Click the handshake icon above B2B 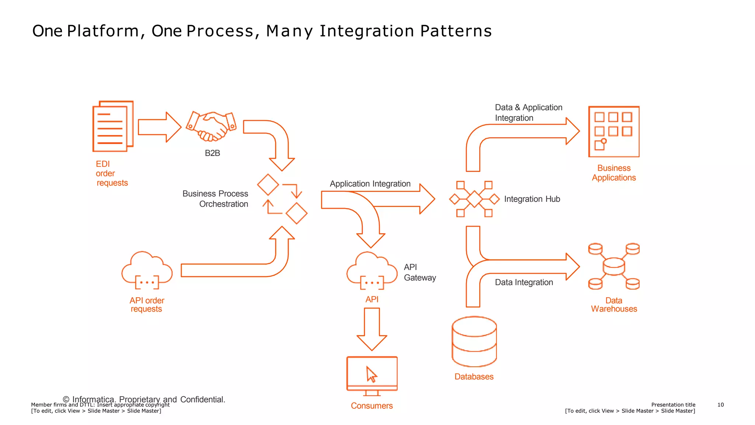pyautogui.click(x=211, y=127)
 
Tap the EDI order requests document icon pyautogui.click(x=112, y=127)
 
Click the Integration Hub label pyautogui.click(x=532, y=199)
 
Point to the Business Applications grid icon pyautogui.click(x=613, y=132)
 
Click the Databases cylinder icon pyautogui.click(x=474, y=342)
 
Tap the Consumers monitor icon pyautogui.click(x=372, y=375)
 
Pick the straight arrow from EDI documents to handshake pyautogui.click(x=159, y=127)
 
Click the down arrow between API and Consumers pyautogui.click(x=372, y=328)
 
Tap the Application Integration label pyautogui.click(x=370, y=184)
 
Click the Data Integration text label pyautogui.click(x=523, y=282)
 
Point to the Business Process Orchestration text pyautogui.click(x=216, y=199)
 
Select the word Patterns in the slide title pyautogui.click(x=456, y=31)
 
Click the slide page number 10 pyautogui.click(x=720, y=405)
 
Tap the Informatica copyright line pyautogui.click(x=144, y=399)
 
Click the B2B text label pyautogui.click(x=212, y=153)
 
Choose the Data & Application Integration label pyautogui.click(x=528, y=113)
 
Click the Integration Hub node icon pyautogui.click(x=474, y=199)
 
